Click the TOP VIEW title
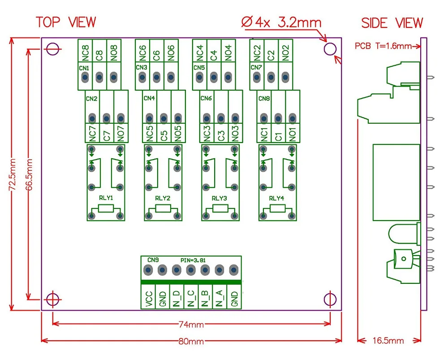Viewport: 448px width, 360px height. [66, 22]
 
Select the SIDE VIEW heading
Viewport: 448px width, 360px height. [392, 23]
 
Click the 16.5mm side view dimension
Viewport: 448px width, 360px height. [388, 341]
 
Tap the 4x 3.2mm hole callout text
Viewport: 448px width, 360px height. [281, 22]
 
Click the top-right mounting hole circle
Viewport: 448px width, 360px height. [330, 48]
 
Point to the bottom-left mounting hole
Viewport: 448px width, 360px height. [53, 298]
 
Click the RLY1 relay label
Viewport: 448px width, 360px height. [105, 198]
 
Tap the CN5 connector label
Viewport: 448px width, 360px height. [199, 68]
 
